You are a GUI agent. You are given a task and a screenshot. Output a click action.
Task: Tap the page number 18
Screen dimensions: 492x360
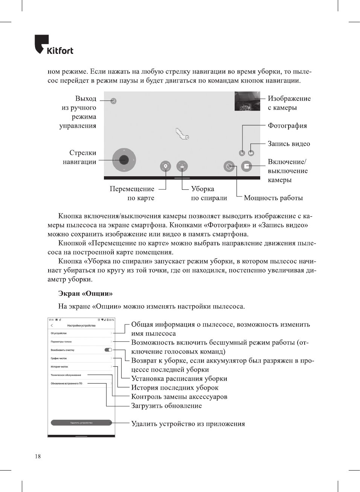point(38,456)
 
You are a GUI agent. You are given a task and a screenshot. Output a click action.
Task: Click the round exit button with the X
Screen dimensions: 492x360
point(113,101)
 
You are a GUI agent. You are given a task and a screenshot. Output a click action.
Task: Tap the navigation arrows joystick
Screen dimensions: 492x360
point(124,160)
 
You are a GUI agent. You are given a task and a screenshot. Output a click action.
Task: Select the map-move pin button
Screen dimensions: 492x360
point(165,166)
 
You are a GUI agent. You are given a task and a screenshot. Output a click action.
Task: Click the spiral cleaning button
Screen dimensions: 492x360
point(182,166)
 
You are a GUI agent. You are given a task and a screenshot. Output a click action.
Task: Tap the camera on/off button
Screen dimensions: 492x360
point(247,166)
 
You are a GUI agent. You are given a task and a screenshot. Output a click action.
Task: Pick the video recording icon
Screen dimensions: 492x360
point(251,153)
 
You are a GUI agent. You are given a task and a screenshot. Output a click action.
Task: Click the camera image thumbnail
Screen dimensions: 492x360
point(247,101)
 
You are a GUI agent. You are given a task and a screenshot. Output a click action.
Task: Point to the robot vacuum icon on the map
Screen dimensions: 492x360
point(182,134)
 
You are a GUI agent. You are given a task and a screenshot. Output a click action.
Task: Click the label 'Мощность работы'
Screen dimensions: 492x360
point(273,198)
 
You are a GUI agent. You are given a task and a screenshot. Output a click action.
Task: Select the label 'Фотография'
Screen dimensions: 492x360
point(287,126)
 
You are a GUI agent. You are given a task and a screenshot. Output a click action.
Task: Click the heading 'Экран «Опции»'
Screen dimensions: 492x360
point(85,294)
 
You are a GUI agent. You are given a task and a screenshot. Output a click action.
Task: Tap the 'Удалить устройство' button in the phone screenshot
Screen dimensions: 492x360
point(81,423)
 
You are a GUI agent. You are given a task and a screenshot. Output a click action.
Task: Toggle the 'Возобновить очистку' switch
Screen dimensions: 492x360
point(108,350)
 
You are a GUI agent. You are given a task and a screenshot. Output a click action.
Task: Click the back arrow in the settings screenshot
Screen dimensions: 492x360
point(52,325)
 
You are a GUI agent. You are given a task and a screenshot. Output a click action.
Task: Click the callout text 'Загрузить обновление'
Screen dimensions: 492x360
point(166,406)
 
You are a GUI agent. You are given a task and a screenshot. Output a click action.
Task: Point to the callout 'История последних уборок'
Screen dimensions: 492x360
point(174,388)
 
